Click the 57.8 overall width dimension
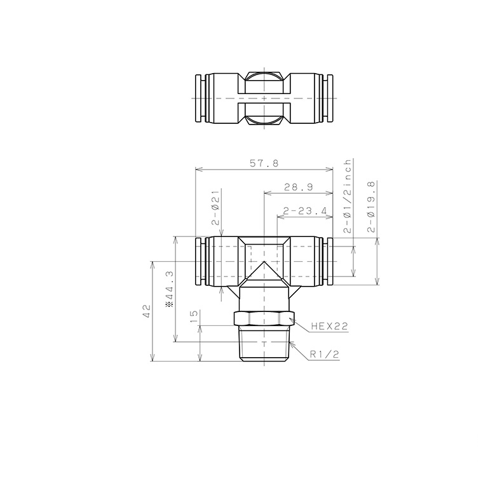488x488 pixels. tap(264, 163)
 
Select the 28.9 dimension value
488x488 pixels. tap(298, 187)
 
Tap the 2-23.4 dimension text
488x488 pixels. tap(304, 211)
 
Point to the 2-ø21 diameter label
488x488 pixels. tap(215, 207)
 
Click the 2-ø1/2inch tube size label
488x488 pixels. tap(348, 196)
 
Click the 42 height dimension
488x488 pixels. tap(146, 311)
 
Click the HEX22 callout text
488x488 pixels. tap(330, 327)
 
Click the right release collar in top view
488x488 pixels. tap(329, 100)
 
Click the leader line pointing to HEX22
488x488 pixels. tap(301, 322)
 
